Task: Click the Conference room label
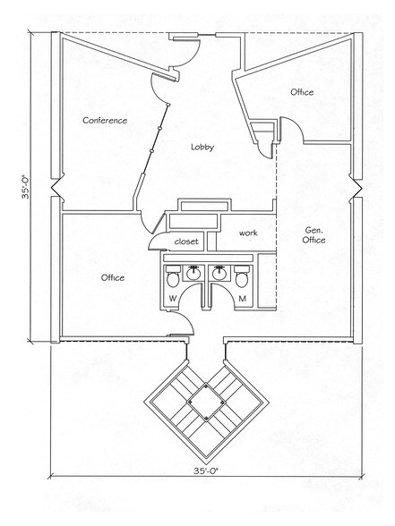pos(105,120)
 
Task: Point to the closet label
pos(185,241)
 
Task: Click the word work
pos(248,233)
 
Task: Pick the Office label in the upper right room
pos(302,92)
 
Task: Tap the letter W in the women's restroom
pos(172,298)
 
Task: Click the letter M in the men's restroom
pos(243,298)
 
